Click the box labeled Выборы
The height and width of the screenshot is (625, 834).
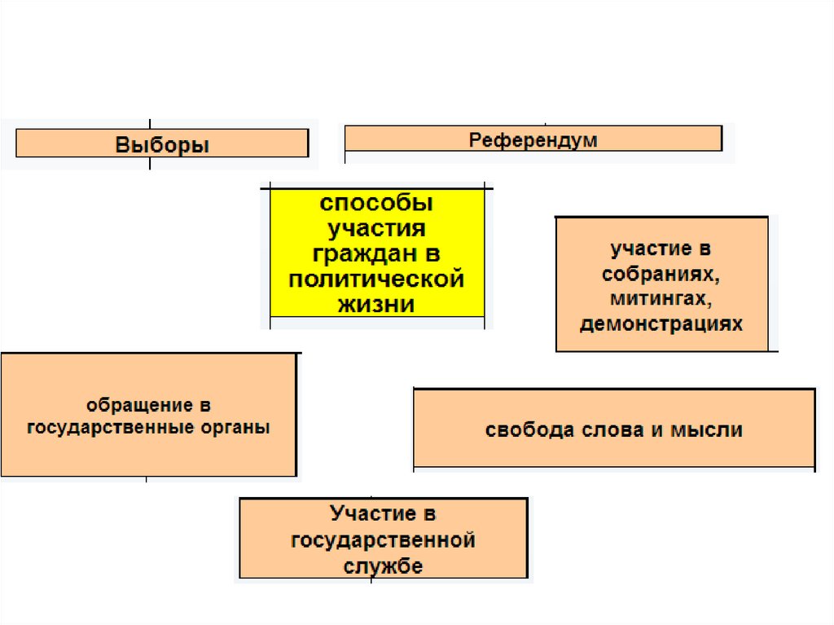pos(162,144)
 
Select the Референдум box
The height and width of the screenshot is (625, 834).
pos(533,139)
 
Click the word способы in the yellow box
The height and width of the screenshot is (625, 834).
pos(376,202)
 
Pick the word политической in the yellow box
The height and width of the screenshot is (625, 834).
pos(376,279)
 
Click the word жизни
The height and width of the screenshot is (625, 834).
pos(376,305)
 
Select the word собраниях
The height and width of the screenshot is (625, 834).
pos(661,274)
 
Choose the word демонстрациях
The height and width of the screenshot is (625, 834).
pos(661,324)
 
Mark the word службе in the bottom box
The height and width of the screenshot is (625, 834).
pos(383,566)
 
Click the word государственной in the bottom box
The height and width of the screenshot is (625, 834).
pos(383,539)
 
